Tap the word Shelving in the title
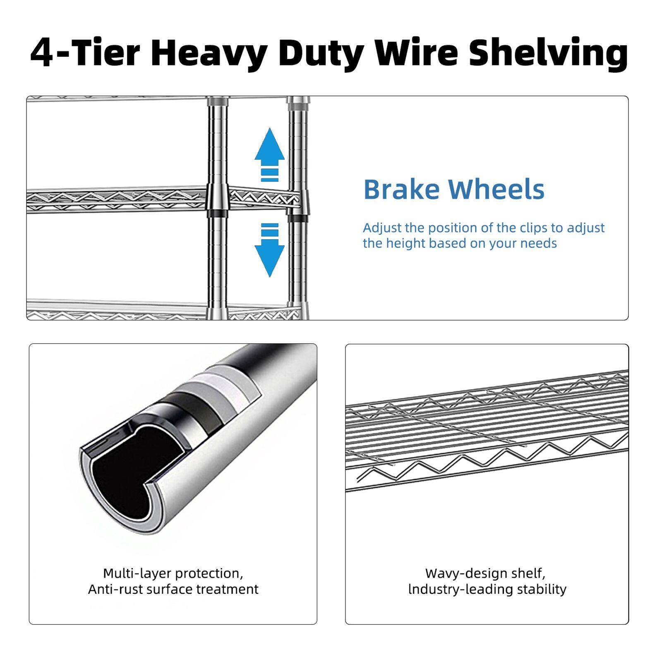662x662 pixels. [548, 53]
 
